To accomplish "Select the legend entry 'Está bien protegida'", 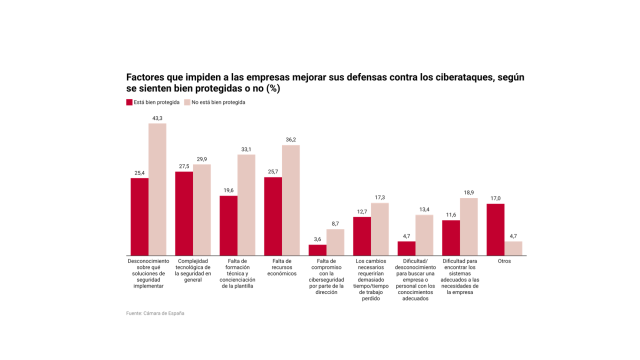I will point(156,102).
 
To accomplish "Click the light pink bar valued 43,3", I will point(158,190).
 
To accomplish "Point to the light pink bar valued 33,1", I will point(247,205).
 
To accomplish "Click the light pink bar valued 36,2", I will point(291,200).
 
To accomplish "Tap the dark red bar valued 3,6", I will point(317,250).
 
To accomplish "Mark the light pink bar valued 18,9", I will point(469,227).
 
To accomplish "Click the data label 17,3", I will point(380,197).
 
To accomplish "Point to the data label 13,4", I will point(424,209).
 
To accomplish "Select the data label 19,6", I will point(228,190).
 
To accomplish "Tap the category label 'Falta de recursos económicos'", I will point(282,265).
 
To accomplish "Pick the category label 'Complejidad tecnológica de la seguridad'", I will point(193,265).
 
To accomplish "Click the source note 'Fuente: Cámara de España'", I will point(155,313).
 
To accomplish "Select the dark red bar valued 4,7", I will point(406,248).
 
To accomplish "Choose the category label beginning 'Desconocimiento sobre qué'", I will point(148,270).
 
